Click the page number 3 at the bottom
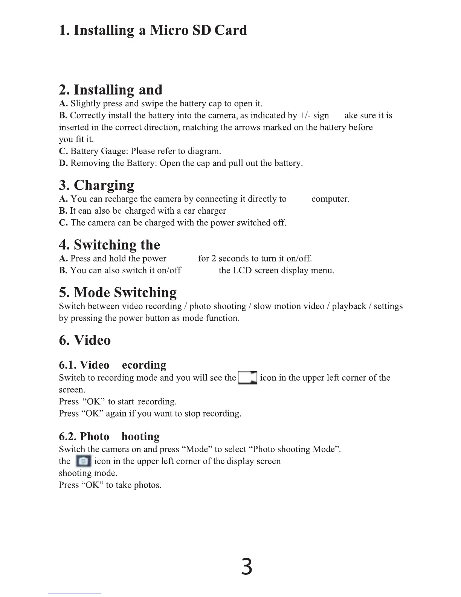coord(247,567)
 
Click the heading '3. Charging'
coord(97,185)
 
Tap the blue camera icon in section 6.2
coord(83,461)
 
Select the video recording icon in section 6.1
coord(248,377)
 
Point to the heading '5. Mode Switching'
coord(118,292)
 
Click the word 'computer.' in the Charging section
coord(330,199)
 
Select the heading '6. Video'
coord(85,340)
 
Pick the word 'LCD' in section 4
coord(242,271)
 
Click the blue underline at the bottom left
coord(75,594)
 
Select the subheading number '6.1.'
coord(68,365)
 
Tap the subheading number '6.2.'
coord(68,436)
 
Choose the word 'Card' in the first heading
coord(230,30)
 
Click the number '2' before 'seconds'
coord(214,259)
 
